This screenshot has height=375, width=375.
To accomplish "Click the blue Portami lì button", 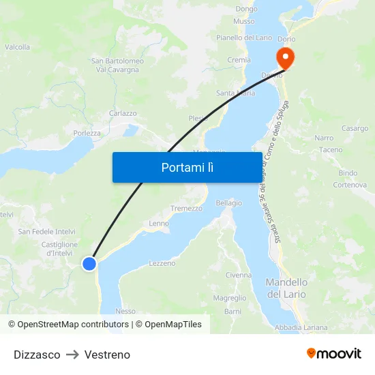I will pos(187,167).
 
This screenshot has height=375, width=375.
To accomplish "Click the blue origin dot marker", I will pos(89,263).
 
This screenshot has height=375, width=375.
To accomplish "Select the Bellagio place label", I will pos(229,203).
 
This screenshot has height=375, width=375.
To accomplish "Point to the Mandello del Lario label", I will pos(286,288).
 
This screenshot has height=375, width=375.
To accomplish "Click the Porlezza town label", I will pos(87,133).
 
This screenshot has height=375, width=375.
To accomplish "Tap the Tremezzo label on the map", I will pos(186,209).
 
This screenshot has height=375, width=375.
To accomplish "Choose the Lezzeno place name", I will pos(162,263).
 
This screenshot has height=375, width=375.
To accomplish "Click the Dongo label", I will pos(246,9).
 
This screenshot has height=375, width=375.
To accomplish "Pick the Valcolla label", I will pos(18,47).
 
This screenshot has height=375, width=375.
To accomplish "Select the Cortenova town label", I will pos(350,185).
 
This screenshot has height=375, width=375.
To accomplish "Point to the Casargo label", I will pos(355,128).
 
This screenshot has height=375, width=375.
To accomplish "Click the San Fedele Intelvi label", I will pos(47,232).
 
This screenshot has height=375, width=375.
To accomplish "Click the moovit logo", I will pos(334,354).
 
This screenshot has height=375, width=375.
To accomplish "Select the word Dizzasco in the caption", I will pos(37,355).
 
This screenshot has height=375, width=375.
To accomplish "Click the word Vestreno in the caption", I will pos(107,355).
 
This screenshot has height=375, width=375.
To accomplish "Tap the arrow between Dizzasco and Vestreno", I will pos(72,355).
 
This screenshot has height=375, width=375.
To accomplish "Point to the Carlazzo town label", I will pos(123,113).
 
